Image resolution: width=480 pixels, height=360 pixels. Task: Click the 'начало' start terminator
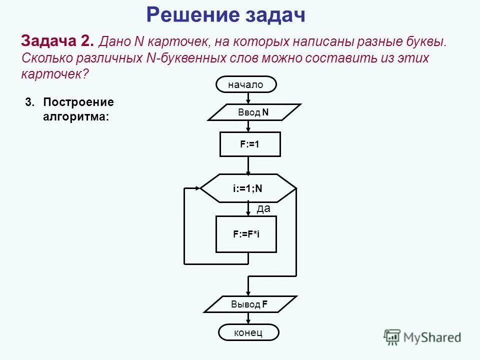point(245,85)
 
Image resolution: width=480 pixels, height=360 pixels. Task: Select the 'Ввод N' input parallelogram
point(253,112)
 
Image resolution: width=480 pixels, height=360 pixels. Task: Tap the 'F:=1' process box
point(250,144)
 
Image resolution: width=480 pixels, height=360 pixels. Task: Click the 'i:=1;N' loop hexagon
point(247,188)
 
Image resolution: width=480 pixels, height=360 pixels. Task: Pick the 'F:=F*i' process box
point(246,234)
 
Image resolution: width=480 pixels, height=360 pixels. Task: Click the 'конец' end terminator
point(248,332)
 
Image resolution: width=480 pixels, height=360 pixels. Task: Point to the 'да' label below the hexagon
point(263,209)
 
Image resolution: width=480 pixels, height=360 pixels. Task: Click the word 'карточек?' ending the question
point(54,74)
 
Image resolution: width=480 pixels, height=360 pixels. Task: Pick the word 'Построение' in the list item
point(78,102)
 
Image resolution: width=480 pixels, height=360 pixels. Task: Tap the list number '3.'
point(30,102)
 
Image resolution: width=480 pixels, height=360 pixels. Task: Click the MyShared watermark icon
point(392,337)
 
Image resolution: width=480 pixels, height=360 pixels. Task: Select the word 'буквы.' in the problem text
point(426,41)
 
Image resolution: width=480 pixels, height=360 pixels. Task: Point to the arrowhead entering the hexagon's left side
point(197,188)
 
